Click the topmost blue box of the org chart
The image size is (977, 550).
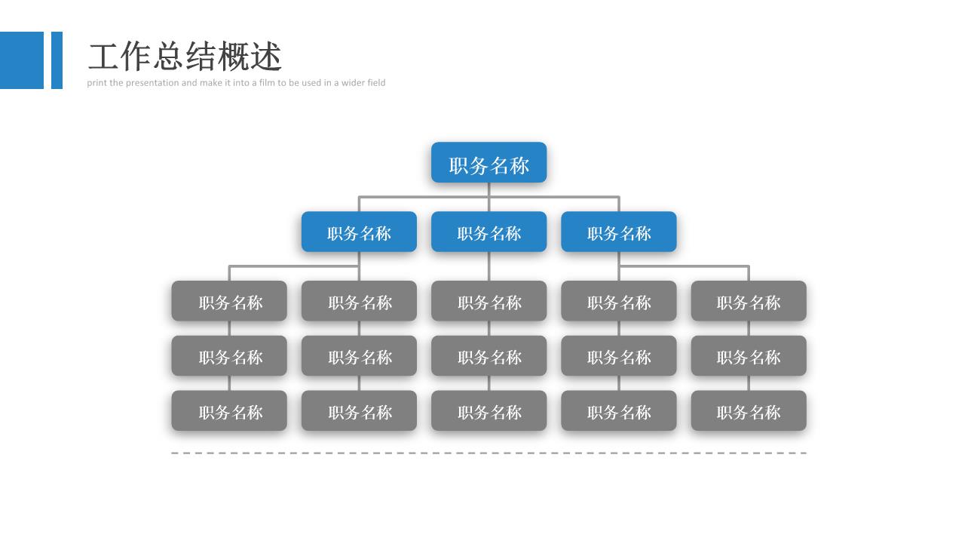click(x=488, y=162)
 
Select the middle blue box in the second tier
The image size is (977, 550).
click(x=488, y=232)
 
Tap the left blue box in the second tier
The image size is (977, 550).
click(x=359, y=232)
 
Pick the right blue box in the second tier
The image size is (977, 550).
click(x=618, y=232)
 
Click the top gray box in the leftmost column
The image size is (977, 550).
click(x=229, y=301)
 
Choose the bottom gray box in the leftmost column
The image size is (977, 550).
click(x=229, y=410)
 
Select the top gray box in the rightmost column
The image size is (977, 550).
click(x=749, y=301)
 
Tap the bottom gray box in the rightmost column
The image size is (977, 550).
click(x=749, y=410)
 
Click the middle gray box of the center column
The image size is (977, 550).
click(x=488, y=356)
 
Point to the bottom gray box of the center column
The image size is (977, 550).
click(x=488, y=410)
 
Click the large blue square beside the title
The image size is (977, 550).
click(x=22, y=60)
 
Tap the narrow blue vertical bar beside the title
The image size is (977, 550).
click(x=57, y=60)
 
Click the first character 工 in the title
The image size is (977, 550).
click(x=103, y=57)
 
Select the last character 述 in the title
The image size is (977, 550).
click(x=266, y=57)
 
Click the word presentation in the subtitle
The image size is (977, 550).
click(x=152, y=83)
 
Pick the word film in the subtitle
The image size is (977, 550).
click(x=267, y=82)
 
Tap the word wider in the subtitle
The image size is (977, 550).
click(x=352, y=82)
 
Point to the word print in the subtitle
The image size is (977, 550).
click(x=96, y=83)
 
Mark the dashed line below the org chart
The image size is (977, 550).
click(x=489, y=453)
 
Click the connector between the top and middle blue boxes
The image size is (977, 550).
click(x=488, y=197)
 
